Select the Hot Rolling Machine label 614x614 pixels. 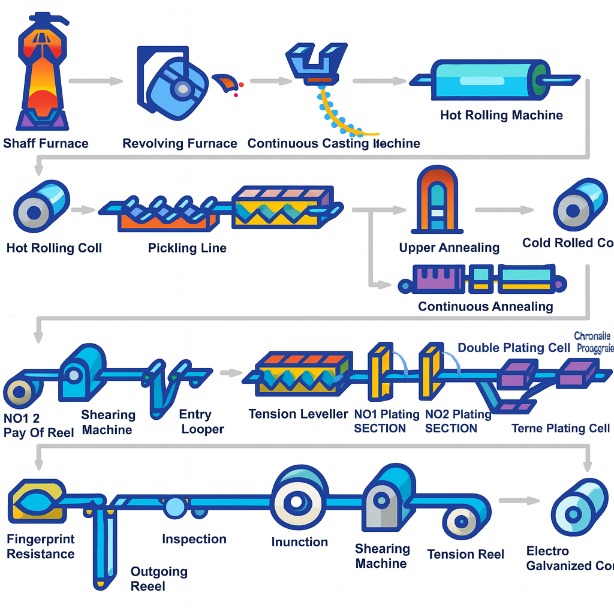click(501, 115)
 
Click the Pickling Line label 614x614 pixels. click(187, 248)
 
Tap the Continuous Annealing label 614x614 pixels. click(485, 306)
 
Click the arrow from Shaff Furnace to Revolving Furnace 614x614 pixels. click(96, 81)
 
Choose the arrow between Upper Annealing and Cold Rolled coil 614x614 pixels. click(504, 210)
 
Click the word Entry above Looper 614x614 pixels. click(195, 414)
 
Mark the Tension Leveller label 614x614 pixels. click(298, 414)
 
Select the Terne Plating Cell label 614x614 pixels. click(561, 428)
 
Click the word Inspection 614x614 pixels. click(194, 539)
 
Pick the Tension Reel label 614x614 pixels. click(465, 555)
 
